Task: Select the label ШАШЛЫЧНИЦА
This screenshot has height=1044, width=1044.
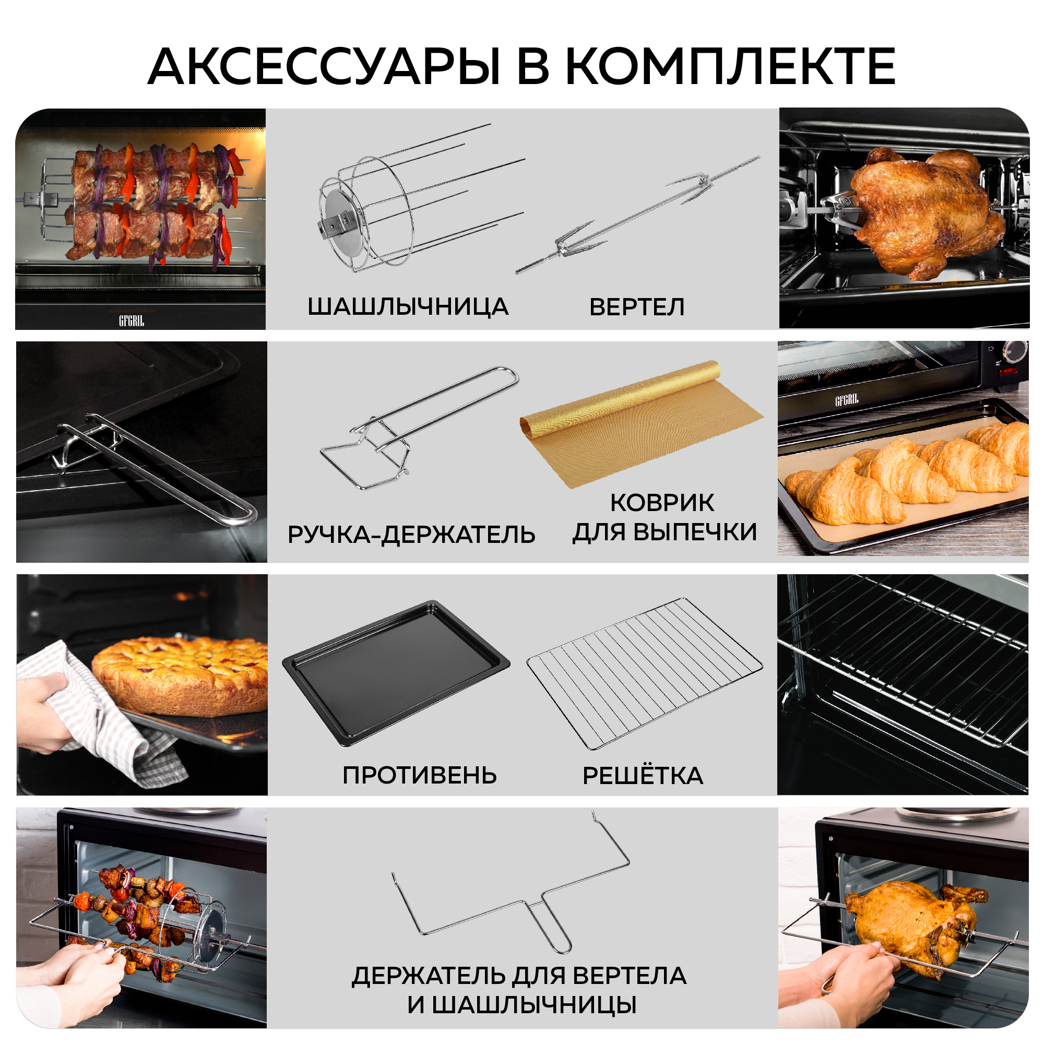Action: click(x=408, y=307)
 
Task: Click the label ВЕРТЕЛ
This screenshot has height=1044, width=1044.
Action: click(x=636, y=307)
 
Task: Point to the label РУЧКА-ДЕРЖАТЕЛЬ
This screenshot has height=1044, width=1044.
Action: click(x=411, y=535)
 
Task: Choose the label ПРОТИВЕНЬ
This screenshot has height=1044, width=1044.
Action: click(x=419, y=775)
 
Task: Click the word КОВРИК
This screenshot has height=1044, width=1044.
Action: click(x=662, y=503)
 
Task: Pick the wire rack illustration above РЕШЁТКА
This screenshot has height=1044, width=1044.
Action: click(x=644, y=673)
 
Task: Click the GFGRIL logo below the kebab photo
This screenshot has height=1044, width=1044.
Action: click(x=132, y=321)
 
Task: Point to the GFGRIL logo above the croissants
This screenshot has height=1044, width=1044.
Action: click(x=846, y=400)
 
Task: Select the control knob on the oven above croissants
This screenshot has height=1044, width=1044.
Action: click(x=1016, y=351)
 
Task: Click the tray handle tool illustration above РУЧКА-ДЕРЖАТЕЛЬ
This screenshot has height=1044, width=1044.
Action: click(x=419, y=427)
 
